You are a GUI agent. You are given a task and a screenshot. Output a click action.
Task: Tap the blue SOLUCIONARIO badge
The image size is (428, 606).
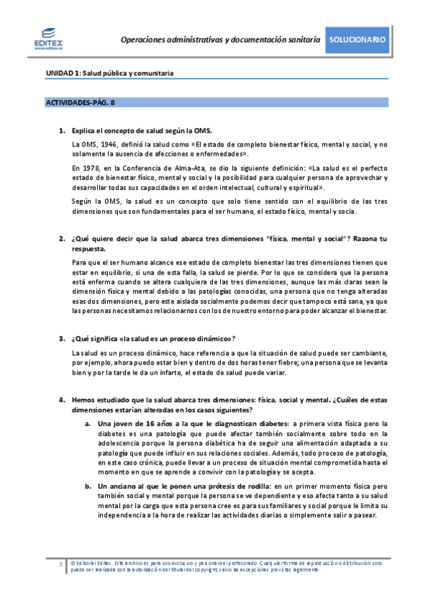coord(359,40)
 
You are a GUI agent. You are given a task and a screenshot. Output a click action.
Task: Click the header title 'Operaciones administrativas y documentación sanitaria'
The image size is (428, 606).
coord(220,40)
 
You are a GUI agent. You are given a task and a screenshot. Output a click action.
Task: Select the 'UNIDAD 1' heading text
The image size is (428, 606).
coord(63,73)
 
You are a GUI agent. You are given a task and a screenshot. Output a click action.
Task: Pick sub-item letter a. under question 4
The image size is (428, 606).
coord(87,423)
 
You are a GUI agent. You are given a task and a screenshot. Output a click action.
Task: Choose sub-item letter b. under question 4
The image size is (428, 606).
coord(87,486)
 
